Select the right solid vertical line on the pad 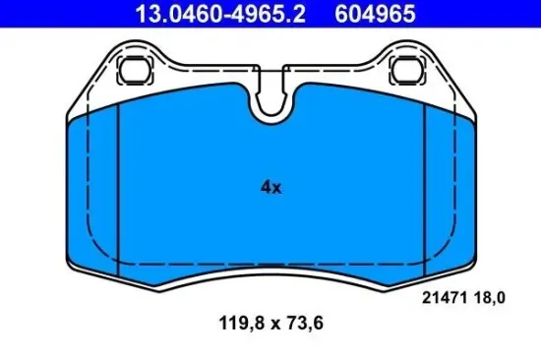click(x=423, y=187)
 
